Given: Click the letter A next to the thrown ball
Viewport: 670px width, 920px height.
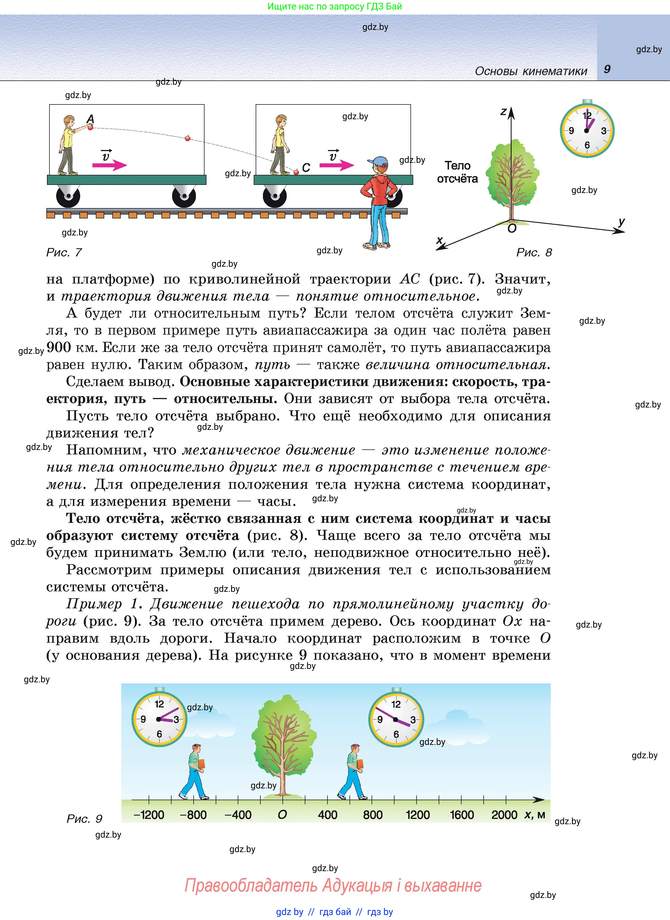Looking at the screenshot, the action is point(91,119).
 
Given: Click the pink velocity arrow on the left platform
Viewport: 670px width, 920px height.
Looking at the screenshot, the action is point(110,165).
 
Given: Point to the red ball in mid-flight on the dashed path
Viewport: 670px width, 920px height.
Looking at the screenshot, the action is point(187,138).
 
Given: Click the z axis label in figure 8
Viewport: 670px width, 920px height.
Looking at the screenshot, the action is point(503,111).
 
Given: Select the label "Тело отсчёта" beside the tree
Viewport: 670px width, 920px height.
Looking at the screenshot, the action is point(457,172).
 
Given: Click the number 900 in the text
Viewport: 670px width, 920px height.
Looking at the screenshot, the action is point(59,347).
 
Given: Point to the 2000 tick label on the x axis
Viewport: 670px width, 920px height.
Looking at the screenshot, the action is point(504,814).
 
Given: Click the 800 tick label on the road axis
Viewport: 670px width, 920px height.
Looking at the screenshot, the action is point(372,814).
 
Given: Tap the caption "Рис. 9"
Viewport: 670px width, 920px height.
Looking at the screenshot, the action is point(84,819).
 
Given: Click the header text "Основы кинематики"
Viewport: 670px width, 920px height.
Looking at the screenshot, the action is point(531,71).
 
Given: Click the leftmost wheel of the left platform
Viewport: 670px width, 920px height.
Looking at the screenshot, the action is point(68,196).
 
